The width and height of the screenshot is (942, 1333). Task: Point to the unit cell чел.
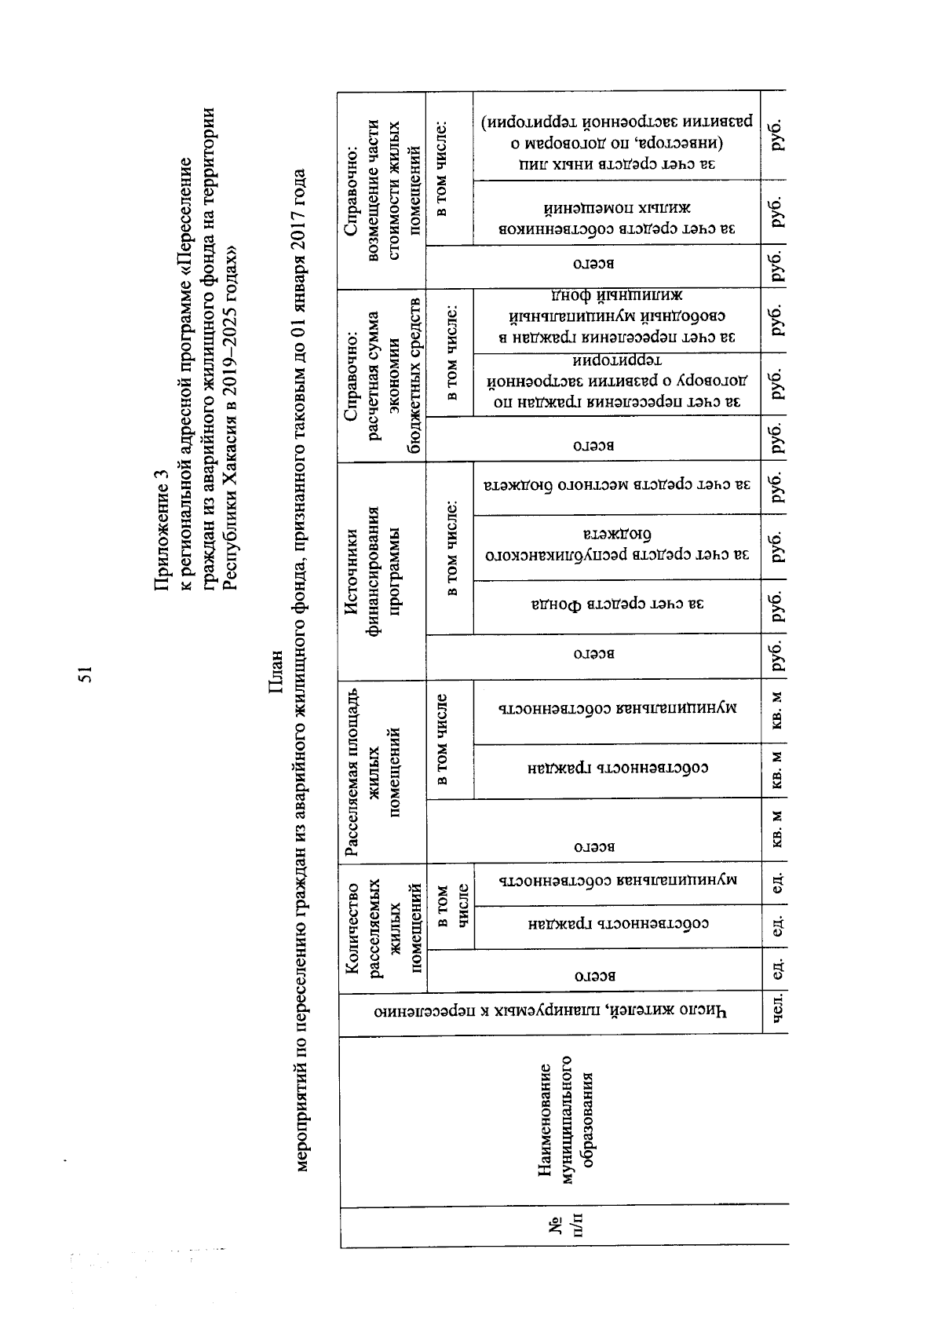coord(778,1013)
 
